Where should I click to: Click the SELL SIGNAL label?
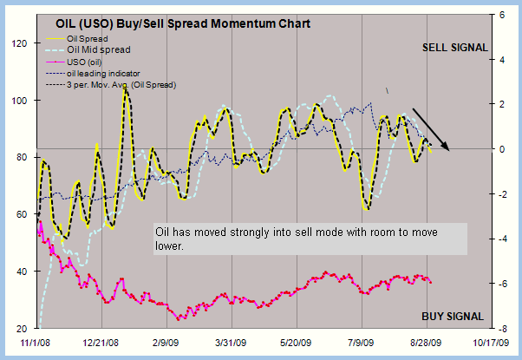pyautogui.click(x=454, y=47)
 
